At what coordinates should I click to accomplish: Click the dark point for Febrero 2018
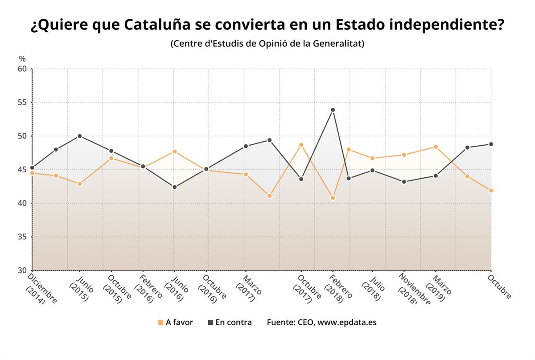coord(333,110)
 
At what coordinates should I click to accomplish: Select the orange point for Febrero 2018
coord(333,198)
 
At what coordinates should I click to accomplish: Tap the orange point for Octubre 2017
coord(301,145)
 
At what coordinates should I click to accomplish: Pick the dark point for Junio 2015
coord(79,136)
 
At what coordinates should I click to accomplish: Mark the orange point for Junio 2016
coord(174,151)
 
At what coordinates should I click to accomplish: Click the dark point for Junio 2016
coord(174,187)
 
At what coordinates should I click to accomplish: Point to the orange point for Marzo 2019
coord(435,147)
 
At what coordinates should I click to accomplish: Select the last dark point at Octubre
coord(491,144)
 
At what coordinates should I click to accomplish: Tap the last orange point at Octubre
coord(491,190)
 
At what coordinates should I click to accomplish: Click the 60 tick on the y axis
coord(22,69)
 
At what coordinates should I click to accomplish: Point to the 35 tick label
coord(22,237)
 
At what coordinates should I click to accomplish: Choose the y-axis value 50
coord(22,136)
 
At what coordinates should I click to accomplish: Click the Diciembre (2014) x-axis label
coord(41,290)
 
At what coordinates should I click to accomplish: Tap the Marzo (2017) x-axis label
coord(251,289)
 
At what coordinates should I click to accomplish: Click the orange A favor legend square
coord(160,322)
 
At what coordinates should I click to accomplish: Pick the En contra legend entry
coord(230,322)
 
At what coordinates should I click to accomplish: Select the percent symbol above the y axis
coord(22,58)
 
